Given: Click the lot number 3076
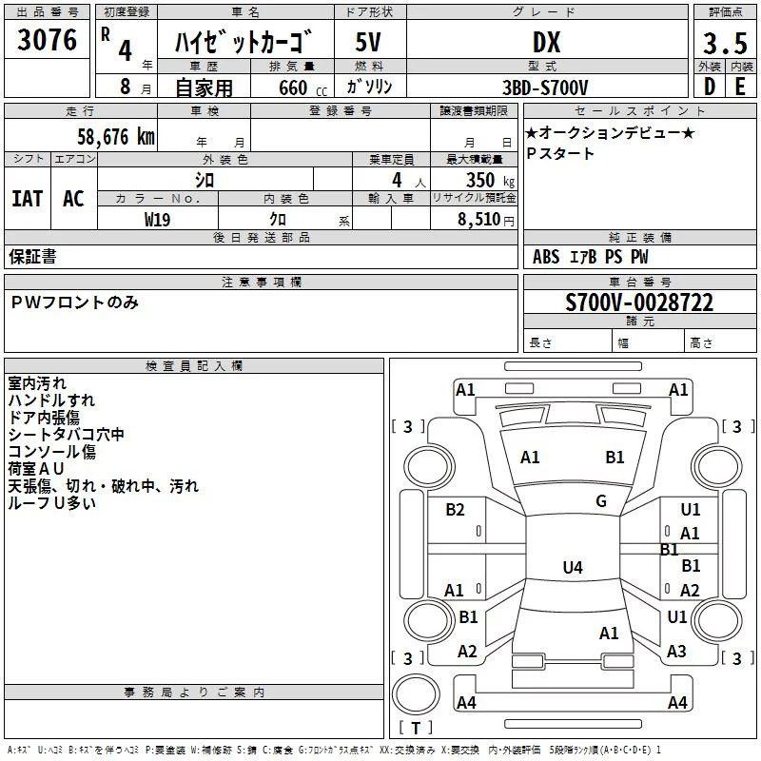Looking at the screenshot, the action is coord(47,39).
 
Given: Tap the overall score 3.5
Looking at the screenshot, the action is coord(725,43).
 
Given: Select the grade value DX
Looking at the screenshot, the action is coord(546,42).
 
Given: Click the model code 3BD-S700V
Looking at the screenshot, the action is coord(545,88).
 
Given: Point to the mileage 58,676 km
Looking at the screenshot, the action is coord(116,137).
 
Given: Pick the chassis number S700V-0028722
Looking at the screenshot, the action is coord(639,302).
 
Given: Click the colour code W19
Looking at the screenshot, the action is coord(157,220).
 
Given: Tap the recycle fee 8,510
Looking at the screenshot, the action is coord(479,220).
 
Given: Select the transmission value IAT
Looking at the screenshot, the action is coord(28,199).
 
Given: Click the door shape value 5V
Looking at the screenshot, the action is coord(368,42).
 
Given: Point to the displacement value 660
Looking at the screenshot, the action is coord(293,88).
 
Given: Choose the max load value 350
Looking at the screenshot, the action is coord(480,180).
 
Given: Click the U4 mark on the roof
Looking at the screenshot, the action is coord(573,567).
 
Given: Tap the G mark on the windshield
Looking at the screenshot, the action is coord(601,501).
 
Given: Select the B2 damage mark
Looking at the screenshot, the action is coord(455,509).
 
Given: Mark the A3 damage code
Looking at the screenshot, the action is coord(676,651).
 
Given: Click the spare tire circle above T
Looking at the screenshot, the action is coord(416,694).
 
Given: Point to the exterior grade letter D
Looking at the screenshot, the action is coord(710,87).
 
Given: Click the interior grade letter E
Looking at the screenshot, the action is coord(740,87).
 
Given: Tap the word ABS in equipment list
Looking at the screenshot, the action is coord(546,257).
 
